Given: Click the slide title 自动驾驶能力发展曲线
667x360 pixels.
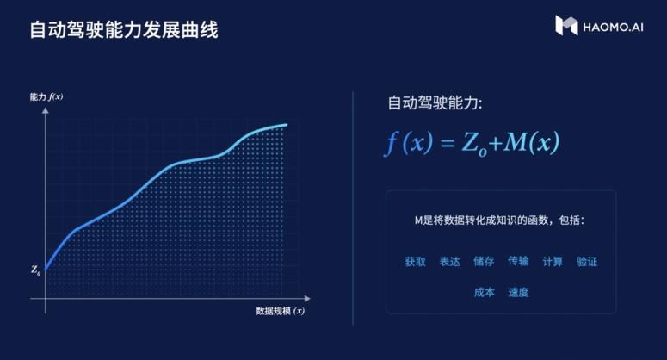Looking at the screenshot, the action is pyautogui.click(x=124, y=30).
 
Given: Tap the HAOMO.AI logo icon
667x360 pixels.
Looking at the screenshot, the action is pyautogui.click(x=566, y=25).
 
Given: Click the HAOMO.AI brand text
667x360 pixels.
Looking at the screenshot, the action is pyautogui.click(x=613, y=28).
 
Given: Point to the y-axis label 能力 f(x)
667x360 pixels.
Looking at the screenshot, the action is pyautogui.click(x=46, y=97).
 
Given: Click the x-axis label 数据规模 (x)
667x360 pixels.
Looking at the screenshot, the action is pyautogui.click(x=281, y=311).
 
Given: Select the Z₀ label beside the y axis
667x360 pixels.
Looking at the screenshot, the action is pyautogui.click(x=36, y=270).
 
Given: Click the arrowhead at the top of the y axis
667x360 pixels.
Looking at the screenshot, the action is pyautogui.click(x=46, y=110).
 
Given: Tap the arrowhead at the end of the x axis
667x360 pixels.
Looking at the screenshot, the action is pyautogui.click(x=307, y=299).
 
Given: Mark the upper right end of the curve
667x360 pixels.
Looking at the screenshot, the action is pyautogui.click(x=287, y=125).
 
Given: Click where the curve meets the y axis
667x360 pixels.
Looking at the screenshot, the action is pyautogui.click(x=46, y=269).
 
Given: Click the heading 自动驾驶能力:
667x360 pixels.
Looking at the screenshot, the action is pyautogui.click(x=435, y=103).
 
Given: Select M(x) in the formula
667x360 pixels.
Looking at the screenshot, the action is pyautogui.click(x=532, y=142).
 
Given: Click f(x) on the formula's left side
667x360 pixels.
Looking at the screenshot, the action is pyautogui.click(x=409, y=143).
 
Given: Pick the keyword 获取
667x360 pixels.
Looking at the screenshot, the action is pyautogui.click(x=416, y=261).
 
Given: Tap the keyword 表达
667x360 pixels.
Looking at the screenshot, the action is pyautogui.click(x=449, y=261).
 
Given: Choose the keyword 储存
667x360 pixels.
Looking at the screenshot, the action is pyautogui.click(x=484, y=261).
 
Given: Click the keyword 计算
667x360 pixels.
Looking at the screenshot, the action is pyautogui.click(x=553, y=261).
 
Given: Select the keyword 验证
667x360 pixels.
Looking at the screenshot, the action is pyautogui.click(x=587, y=261).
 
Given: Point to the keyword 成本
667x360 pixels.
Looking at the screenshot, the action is pyautogui.click(x=484, y=292).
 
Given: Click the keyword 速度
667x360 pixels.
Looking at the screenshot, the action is pyautogui.click(x=519, y=292).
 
